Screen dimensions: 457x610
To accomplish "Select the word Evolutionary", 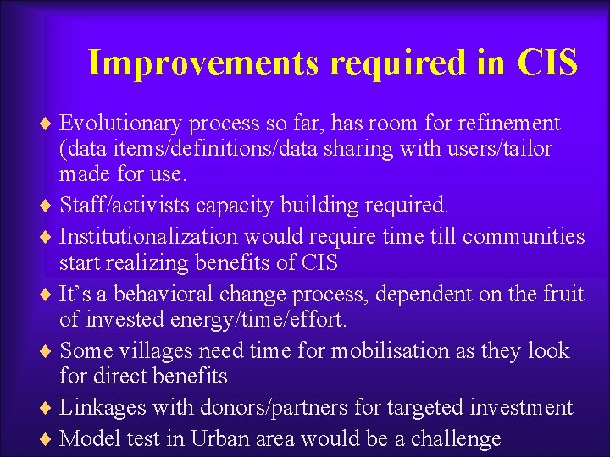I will tap(121, 124).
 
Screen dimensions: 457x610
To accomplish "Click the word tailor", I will tap(526, 150).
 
